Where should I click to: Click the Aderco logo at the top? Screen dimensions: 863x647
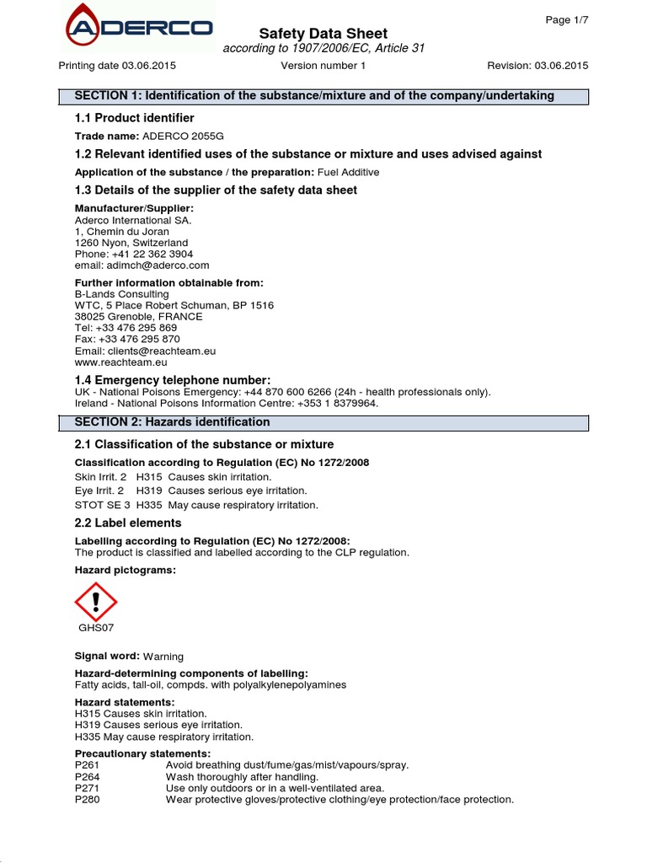(x=140, y=28)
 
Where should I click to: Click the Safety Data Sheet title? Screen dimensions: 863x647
(x=323, y=34)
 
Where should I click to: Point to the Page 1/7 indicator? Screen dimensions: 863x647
(x=567, y=20)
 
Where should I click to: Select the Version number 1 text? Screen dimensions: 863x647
(x=323, y=66)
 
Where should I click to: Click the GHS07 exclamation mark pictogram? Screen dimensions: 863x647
(x=96, y=602)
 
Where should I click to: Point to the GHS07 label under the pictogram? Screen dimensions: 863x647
(x=96, y=628)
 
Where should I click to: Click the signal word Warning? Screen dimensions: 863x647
(x=163, y=657)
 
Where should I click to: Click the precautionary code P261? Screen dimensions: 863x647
(x=87, y=764)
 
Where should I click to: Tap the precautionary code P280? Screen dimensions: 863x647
(x=87, y=800)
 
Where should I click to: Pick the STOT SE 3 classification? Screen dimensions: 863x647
(x=103, y=505)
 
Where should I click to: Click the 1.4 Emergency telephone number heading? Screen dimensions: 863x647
(x=173, y=380)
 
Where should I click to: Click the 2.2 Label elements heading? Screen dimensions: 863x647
(x=128, y=523)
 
